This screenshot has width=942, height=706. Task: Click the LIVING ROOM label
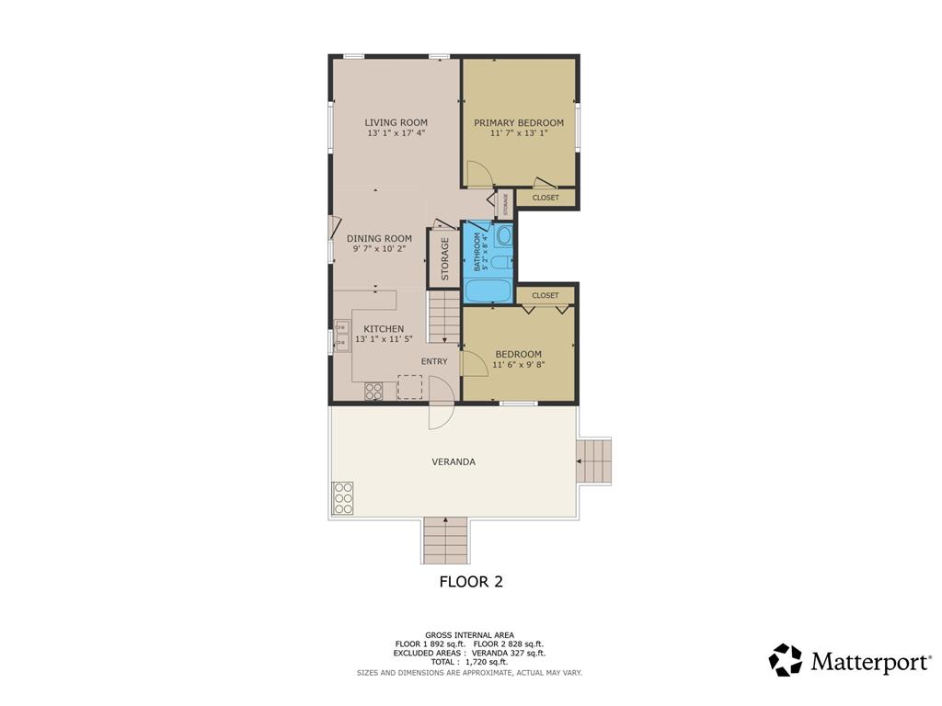(x=396, y=122)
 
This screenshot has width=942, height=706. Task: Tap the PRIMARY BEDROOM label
(x=519, y=122)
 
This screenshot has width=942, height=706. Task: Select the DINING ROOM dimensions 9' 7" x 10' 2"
(x=379, y=248)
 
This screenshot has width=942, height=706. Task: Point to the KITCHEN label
(x=384, y=329)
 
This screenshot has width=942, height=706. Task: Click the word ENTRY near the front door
(x=434, y=361)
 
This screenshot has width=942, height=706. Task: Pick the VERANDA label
(x=454, y=461)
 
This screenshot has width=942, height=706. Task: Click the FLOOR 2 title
(x=471, y=581)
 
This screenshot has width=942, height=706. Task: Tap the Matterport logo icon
(x=786, y=660)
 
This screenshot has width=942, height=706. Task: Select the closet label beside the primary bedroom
(x=546, y=198)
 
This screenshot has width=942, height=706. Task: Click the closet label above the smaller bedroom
(x=546, y=295)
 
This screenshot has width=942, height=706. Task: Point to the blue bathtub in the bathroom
(x=488, y=290)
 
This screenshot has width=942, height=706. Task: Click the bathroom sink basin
(x=505, y=234)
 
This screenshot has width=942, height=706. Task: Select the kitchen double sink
(x=342, y=335)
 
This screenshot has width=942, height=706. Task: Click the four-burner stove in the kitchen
(x=373, y=392)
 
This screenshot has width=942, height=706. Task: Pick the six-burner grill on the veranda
(x=342, y=498)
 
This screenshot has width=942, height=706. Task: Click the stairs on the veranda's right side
(x=593, y=461)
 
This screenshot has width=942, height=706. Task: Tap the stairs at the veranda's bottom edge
(x=445, y=541)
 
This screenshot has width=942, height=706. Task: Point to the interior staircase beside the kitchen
(x=443, y=317)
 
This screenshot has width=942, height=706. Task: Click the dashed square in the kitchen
(x=409, y=387)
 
